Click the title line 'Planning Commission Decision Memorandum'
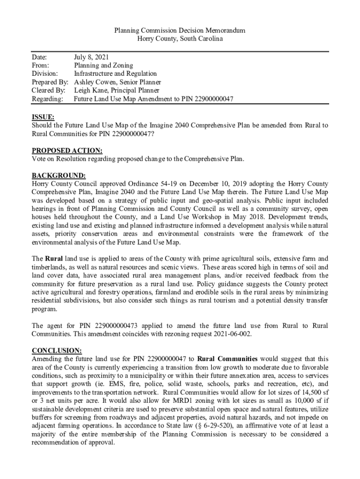point(180,30)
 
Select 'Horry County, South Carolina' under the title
point(180,39)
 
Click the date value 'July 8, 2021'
point(92,57)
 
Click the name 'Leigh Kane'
point(91,91)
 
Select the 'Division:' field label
point(45,74)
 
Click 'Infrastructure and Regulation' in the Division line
point(115,74)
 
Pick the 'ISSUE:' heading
point(43,117)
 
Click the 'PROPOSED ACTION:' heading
point(67,151)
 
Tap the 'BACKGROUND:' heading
point(58,176)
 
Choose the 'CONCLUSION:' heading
point(57,350)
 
